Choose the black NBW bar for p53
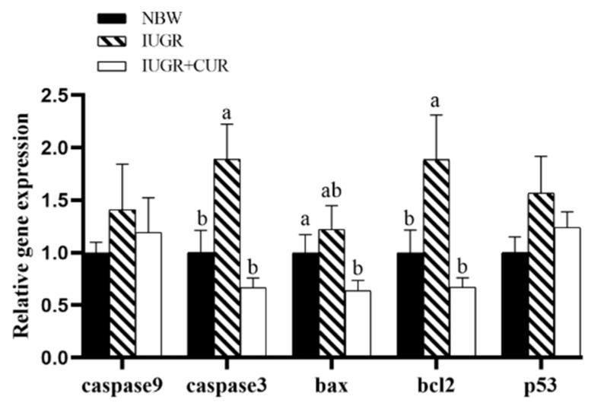click(x=515, y=304)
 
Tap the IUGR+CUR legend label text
click(x=185, y=65)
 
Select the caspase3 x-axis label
click(x=226, y=386)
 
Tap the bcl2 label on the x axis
click(x=435, y=386)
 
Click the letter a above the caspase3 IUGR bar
click(x=227, y=113)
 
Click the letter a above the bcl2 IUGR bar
click(x=437, y=101)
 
